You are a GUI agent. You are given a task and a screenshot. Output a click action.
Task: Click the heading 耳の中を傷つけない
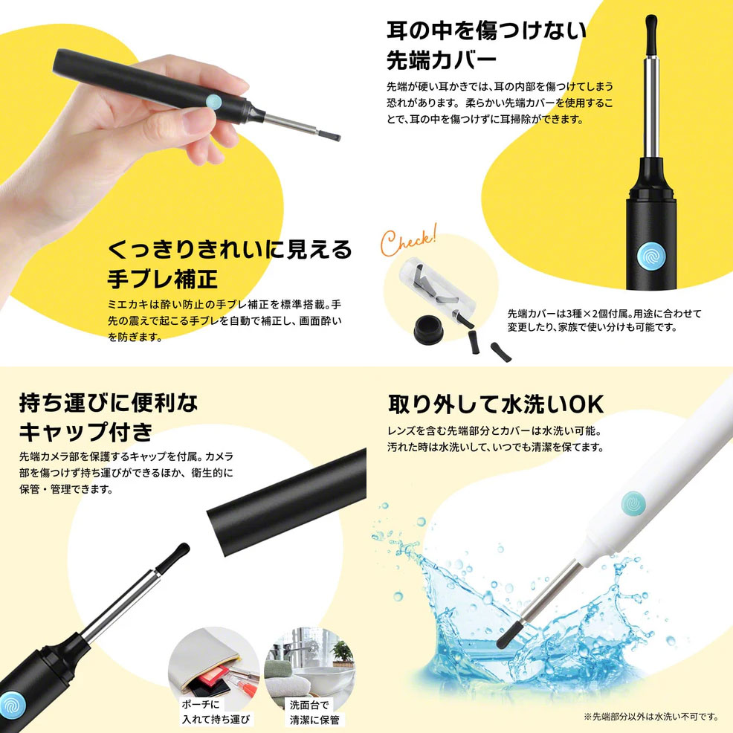[x=486, y=30]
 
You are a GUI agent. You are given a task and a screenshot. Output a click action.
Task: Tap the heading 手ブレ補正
[x=163, y=278]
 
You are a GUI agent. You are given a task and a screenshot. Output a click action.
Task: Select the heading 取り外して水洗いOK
[x=496, y=404]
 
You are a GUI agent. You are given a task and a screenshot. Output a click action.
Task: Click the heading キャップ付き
[x=86, y=431]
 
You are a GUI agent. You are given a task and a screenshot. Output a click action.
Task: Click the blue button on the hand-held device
[x=213, y=102]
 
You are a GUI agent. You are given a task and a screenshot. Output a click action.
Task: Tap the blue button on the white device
[x=634, y=503]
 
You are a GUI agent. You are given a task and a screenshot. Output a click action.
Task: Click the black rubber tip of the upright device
[x=650, y=35]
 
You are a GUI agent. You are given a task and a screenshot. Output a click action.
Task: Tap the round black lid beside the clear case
[x=428, y=329]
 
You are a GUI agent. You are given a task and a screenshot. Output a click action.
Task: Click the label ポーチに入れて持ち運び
[x=216, y=711]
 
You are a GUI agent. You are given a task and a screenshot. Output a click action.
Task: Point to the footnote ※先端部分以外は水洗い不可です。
[x=651, y=717]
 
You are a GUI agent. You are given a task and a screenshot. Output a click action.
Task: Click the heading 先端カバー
[x=442, y=60]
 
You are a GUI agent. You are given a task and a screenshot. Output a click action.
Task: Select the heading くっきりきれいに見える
[x=230, y=249]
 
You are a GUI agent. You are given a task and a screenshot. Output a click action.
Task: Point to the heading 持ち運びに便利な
[x=109, y=402]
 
